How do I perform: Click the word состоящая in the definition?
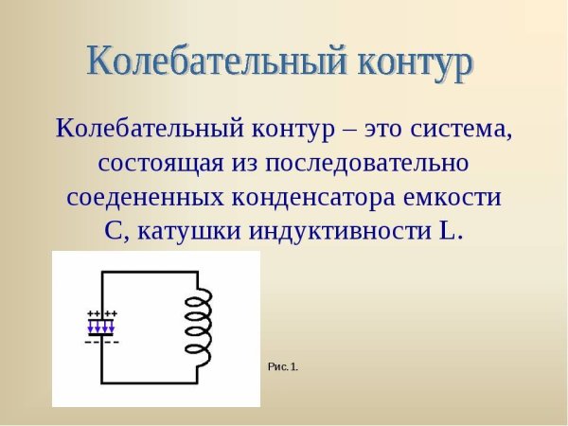[158, 163]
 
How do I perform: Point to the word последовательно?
[370, 163]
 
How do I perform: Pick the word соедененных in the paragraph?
[141, 198]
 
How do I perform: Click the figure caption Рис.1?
[282, 366]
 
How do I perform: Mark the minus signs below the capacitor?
[101, 341]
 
